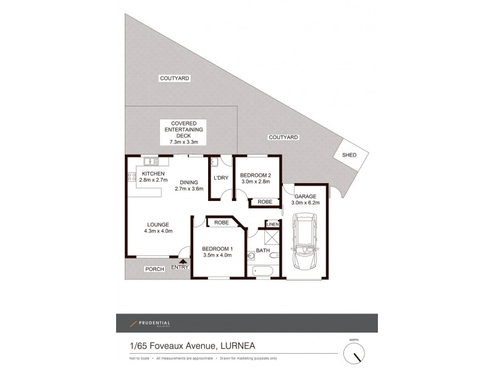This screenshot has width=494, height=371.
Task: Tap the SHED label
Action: pos(349,155)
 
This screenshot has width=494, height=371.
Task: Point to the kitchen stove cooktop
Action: pos(132,180)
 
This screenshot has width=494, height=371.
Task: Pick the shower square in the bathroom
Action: pos(272,238)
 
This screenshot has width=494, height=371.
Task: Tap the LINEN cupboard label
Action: pos(272,224)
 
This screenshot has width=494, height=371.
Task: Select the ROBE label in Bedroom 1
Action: pos(222,222)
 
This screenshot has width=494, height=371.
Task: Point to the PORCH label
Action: pos(154,269)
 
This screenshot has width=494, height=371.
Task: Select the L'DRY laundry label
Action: pos(221,178)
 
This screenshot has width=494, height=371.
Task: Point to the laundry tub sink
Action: pos(214,163)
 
